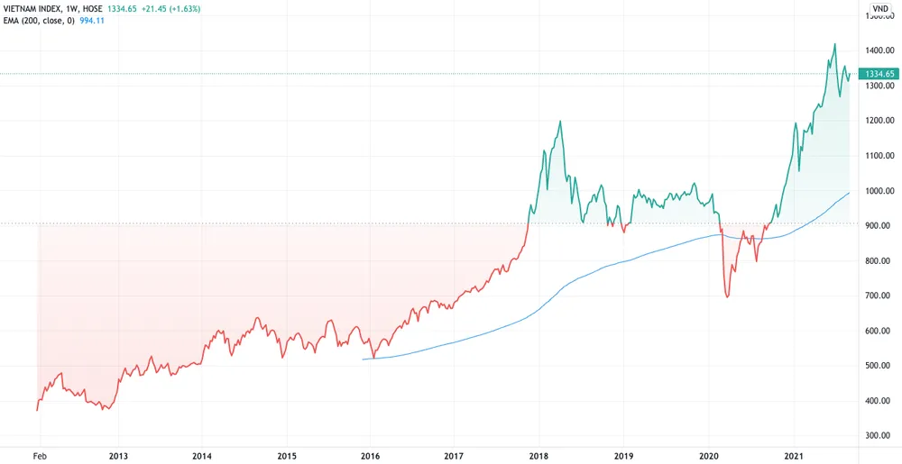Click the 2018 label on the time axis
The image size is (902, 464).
538,456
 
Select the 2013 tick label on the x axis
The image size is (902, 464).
118,456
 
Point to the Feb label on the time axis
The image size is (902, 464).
40,456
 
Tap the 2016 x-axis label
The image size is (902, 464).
370,456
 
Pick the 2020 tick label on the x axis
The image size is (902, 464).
709,456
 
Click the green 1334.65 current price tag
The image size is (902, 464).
879,74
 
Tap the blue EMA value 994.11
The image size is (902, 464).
92,21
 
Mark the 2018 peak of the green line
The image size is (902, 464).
561,121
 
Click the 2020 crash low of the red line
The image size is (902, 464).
727,297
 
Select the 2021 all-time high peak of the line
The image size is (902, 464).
834,43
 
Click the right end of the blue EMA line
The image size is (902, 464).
850,193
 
